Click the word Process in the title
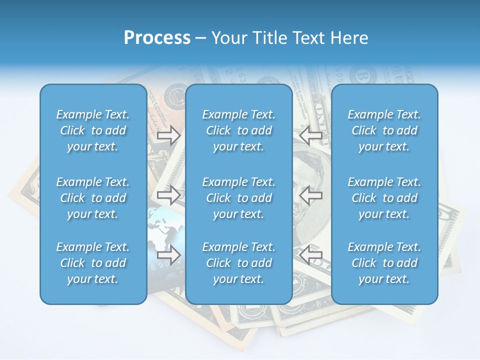click(x=157, y=38)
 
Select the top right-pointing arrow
click(x=168, y=135)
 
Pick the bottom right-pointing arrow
click(x=168, y=255)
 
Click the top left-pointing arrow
click(x=310, y=135)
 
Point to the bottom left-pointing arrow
click(x=310, y=255)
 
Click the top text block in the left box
click(x=93, y=130)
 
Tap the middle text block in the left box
click(x=93, y=198)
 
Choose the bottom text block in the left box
click(x=93, y=263)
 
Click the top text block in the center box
click(x=239, y=130)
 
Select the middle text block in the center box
click(x=239, y=198)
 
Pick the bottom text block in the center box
click(x=239, y=263)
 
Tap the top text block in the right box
click(x=384, y=130)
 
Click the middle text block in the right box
click(x=384, y=198)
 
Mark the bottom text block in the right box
click(x=384, y=263)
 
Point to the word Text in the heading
click(x=311, y=38)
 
